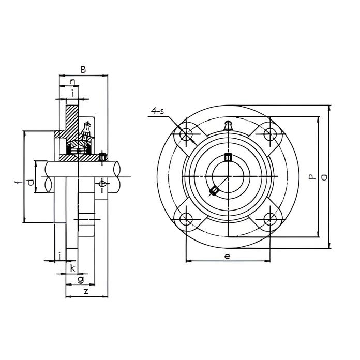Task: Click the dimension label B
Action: [83, 69]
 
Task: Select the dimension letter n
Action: [72, 82]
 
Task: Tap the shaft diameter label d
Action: [31, 183]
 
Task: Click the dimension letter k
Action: [72, 268]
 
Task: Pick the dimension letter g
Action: [81, 280]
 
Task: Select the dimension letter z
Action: [86, 291]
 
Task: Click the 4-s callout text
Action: [158, 112]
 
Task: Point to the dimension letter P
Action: [312, 177]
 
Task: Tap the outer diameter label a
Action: [324, 177]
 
